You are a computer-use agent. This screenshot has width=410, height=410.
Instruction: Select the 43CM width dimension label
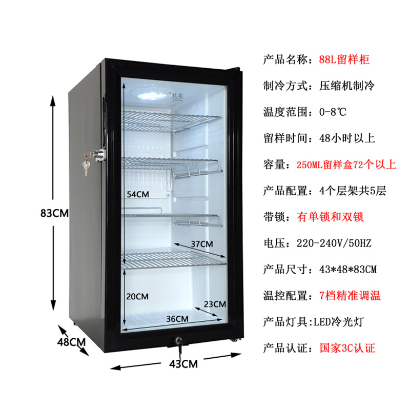[183, 364]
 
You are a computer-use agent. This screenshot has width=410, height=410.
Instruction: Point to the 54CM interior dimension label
[138, 195]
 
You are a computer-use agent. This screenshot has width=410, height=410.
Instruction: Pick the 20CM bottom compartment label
[137, 296]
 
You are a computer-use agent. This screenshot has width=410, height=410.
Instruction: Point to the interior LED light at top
[152, 95]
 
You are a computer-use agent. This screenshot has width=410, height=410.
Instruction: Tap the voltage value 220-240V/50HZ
[338, 243]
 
